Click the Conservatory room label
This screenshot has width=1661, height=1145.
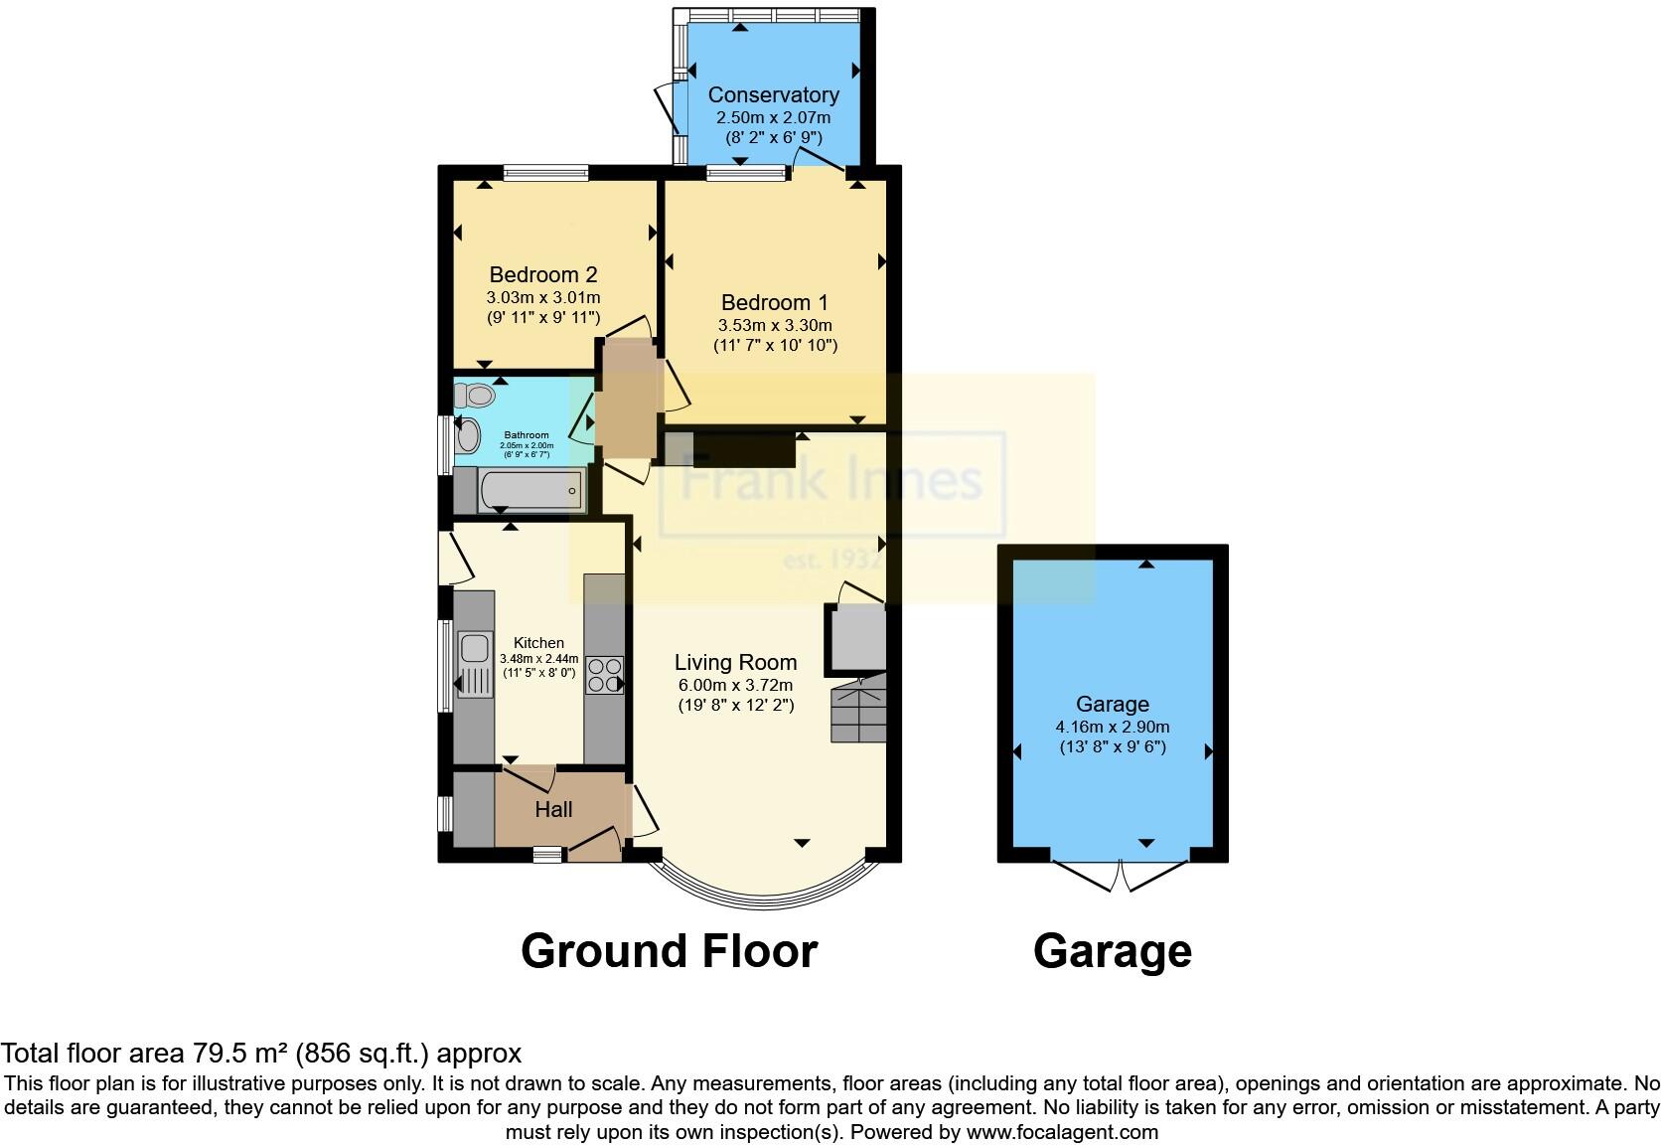(x=773, y=95)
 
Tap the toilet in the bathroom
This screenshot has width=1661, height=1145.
(x=480, y=396)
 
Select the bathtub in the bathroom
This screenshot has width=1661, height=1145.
(x=530, y=490)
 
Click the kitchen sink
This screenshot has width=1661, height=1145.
(x=474, y=648)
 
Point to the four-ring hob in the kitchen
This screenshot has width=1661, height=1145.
(x=604, y=675)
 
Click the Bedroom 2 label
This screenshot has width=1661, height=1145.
(x=542, y=274)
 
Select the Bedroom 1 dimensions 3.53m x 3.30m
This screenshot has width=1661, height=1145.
(x=775, y=325)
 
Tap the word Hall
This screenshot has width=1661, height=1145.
(x=553, y=810)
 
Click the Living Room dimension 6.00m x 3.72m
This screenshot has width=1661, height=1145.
(x=735, y=685)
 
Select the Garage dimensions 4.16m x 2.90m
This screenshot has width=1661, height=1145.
(x=1112, y=727)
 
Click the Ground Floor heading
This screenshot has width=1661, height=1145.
(x=669, y=951)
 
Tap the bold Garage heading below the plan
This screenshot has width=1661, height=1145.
(x=1112, y=951)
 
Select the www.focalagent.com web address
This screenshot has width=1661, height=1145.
(x=1061, y=1131)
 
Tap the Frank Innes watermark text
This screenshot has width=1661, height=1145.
(x=830, y=481)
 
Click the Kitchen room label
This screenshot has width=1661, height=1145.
(x=538, y=643)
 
